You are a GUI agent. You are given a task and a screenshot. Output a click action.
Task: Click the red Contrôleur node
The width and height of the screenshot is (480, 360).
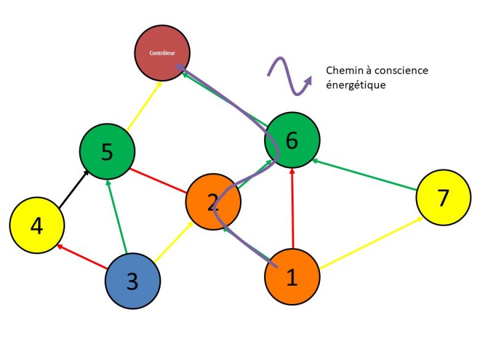162,53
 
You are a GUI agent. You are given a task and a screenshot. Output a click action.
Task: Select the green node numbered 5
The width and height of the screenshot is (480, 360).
107,151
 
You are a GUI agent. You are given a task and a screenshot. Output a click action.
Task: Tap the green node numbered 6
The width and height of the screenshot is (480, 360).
292,140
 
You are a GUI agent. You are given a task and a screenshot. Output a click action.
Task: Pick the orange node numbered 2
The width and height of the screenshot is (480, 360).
213,201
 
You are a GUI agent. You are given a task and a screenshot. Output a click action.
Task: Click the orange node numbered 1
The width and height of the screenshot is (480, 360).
292,277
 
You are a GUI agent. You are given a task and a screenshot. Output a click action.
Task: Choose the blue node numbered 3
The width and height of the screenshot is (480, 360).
132,281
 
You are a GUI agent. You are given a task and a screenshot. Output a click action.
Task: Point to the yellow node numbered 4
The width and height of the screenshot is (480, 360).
37,226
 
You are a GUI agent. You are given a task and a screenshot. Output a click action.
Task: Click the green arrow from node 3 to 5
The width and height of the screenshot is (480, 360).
117,215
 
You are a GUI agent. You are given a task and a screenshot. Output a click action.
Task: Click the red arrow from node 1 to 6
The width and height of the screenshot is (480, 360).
293,209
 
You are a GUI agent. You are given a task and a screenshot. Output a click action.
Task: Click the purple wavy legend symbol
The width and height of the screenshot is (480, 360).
289,76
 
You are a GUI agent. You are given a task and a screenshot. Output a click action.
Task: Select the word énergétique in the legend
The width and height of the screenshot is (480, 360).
356,85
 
